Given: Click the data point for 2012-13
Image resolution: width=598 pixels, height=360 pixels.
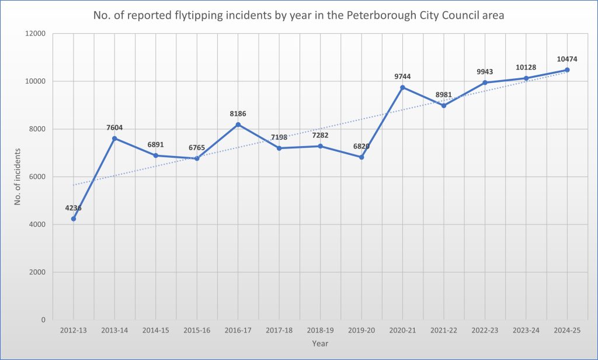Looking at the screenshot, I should tap(74, 219).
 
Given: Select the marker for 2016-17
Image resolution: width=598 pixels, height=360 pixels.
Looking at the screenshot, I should tap(238, 124).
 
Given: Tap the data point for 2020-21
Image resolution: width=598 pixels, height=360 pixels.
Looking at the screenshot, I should tap(402, 87).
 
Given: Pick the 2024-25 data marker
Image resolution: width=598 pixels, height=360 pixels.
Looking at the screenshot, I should tap(567, 70).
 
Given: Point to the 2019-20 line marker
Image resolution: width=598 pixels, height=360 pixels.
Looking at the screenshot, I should tap(361, 157).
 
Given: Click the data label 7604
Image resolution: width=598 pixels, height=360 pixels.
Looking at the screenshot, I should tap(114, 127).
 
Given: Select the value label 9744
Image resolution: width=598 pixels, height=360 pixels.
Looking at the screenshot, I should tap(403, 77).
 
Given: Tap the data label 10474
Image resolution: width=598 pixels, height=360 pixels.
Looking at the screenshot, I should tap(566, 59).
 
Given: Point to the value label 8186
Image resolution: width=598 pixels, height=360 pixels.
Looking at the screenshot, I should tap(238, 113).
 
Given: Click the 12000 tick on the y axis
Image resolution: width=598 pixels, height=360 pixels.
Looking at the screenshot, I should tap(36, 34).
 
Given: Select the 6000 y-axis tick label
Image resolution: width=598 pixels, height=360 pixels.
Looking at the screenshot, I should tap(38, 177).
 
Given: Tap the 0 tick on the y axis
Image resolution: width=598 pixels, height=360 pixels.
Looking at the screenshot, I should tap(43, 320).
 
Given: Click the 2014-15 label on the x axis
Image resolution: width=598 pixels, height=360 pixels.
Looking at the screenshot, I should tap(155, 331).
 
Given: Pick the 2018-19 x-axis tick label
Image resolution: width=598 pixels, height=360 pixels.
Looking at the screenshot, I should tap(320, 331).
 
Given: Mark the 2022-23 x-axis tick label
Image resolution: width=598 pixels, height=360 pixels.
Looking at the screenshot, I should tap(485, 331).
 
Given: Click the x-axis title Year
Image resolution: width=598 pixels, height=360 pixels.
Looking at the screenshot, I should tap(320, 343).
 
